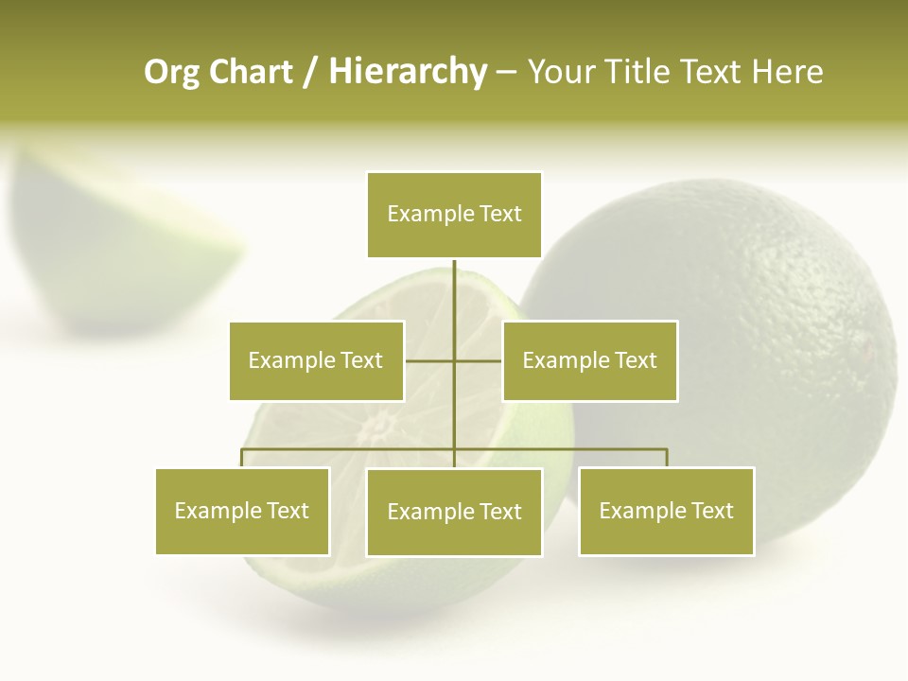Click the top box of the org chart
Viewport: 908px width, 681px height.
[x=454, y=215]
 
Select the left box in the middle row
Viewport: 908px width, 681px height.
[x=316, y=360]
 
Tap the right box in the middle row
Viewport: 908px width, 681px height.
[x=589, y=360]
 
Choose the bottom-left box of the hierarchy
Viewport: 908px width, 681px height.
[x=242, y=511]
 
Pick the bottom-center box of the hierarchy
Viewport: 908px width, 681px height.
[x=454, y=512]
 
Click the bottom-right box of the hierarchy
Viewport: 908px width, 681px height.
[x=666, y=511]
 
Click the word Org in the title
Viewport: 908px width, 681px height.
[x=171, y=72]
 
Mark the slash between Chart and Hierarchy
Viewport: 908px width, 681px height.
[x=310, y=72]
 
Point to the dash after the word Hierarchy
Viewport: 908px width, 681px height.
[x=506, y=72]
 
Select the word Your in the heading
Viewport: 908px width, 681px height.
[x=561, y=72]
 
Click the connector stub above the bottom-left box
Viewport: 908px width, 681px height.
[x=242, y=458]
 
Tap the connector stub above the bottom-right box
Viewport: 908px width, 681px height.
[x=667, y=458]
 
